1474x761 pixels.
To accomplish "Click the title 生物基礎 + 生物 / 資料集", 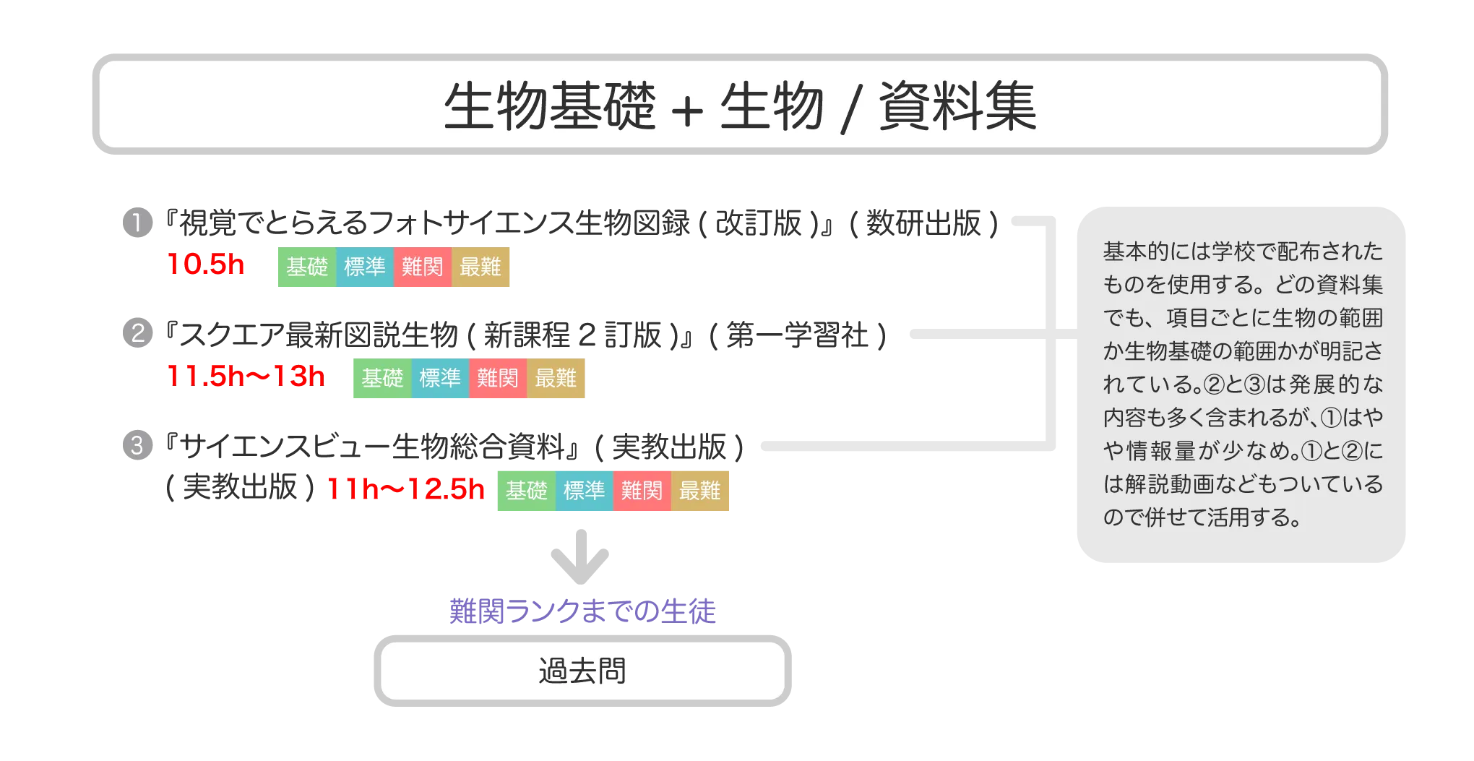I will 740,106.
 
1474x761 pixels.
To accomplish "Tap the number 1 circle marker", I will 137,223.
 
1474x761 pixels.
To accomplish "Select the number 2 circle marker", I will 137,334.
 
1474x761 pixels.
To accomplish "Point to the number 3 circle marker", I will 137,445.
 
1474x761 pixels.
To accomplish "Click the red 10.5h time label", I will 207,265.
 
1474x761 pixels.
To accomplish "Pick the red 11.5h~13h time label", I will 246,377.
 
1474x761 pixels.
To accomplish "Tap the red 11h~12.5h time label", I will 405,490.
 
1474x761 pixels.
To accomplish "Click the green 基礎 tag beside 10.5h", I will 307,267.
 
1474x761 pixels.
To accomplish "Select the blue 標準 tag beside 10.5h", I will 365,267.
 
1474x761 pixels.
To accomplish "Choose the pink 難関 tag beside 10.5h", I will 423,267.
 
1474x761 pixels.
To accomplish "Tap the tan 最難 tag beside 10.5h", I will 481,267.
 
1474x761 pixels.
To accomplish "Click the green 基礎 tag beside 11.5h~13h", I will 382,378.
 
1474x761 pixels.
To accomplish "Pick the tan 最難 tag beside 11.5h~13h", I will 556,378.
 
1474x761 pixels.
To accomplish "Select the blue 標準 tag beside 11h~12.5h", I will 584,491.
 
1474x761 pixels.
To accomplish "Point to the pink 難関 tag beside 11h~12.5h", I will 642,491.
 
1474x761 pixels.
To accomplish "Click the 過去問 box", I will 582,671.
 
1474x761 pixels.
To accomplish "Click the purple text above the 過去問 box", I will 582,612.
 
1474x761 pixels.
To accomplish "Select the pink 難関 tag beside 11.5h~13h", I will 498,378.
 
